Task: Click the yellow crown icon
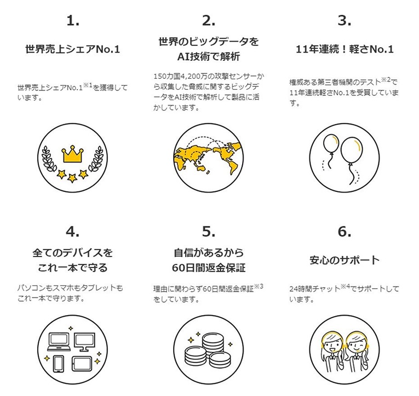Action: [72, 154]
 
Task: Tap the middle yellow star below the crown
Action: [72, 178]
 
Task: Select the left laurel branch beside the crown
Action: [49, 159]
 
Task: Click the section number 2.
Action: [209, 21]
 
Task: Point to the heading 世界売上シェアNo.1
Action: [73, 49]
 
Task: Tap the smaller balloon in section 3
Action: [331, 143]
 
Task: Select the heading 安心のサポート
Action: [345, 260]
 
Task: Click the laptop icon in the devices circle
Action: [59, 342]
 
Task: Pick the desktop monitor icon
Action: [84, 342]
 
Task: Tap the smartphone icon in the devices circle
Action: [59, 364]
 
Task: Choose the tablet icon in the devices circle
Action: [82, 364]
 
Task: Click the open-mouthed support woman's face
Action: [332, 346]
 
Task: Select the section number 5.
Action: [209, 231]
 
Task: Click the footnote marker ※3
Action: [259, 286]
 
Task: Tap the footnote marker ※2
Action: [386, 79]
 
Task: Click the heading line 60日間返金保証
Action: [209, 267]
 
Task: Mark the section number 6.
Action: [345, 231]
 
